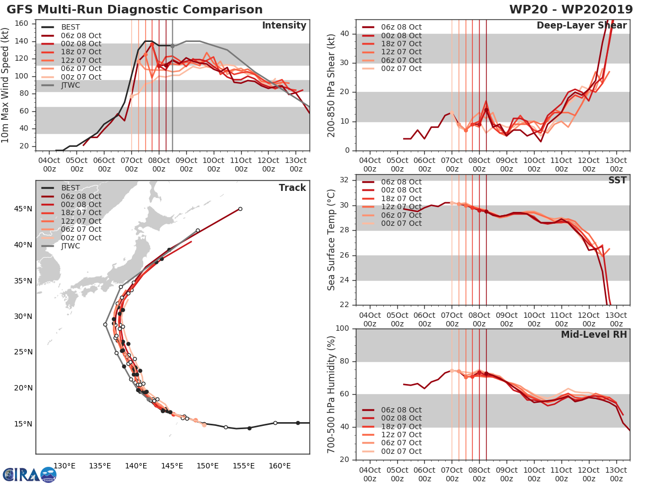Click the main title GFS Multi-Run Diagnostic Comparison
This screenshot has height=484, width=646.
(135, 10)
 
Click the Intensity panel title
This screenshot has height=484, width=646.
(284, 26)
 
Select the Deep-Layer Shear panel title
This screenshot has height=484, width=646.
(581, 26)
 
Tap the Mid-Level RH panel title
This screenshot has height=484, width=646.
(594, 334)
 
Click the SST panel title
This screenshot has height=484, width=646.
(617, 180)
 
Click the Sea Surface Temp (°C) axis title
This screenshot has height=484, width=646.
(331, 240)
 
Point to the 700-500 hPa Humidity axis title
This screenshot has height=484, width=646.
(331, 394)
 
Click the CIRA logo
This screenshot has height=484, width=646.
(30, 474)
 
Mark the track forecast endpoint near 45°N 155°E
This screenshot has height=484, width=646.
(240, 209)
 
